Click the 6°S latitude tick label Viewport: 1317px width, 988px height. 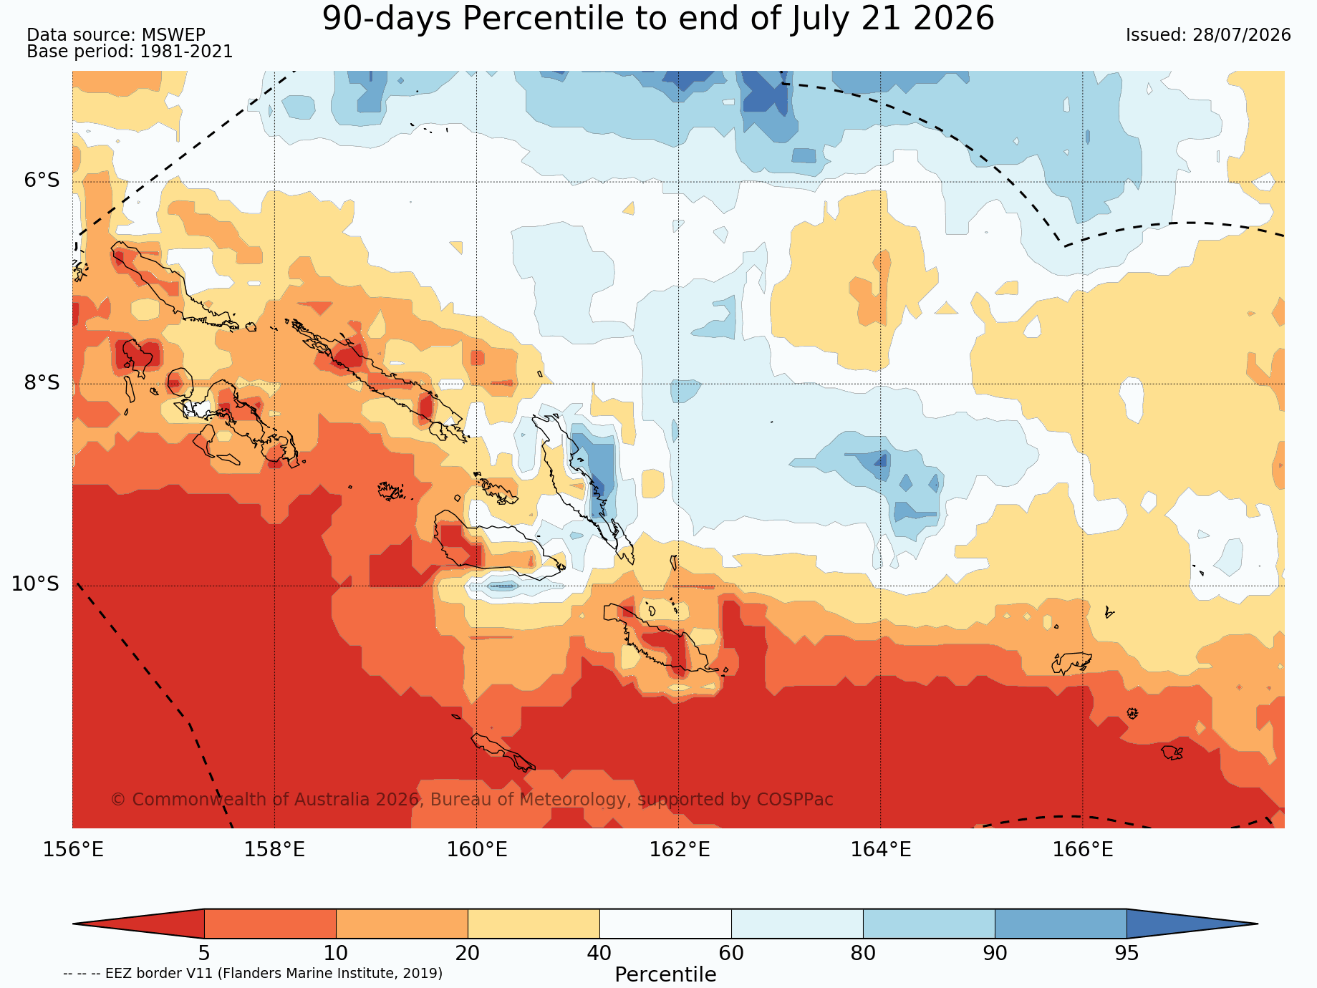click(42, 180)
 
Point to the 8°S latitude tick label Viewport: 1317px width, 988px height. click(42, 383)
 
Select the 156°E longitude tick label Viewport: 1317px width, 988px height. click(73, 850)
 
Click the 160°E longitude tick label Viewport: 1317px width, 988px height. click(477, 850)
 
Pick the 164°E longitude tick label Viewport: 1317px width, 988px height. click(881, 850)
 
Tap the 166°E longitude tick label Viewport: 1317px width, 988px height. click(1083, 850)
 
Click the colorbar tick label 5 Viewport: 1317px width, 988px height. click(204, 954)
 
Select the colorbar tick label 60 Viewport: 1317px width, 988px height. click(731, 954)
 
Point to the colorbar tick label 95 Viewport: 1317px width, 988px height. click(1127, 954)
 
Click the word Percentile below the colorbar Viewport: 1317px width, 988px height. click(665, 975)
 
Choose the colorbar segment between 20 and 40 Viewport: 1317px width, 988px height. click(534, 924)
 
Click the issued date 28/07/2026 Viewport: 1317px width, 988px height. click(1242, 35)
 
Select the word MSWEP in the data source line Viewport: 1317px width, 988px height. click(173, 35)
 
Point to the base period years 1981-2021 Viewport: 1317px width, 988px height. click(186, 52)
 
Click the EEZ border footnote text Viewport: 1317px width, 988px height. click(253, 974)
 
